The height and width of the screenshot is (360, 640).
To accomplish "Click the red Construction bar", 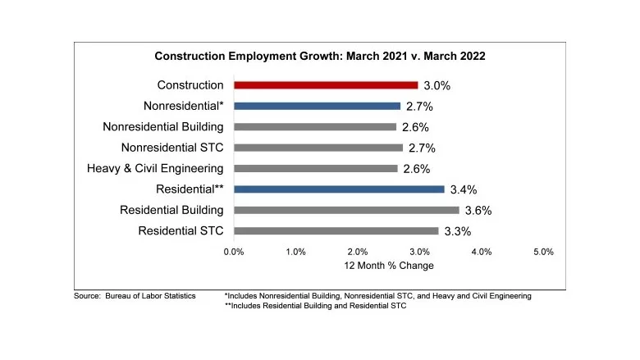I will coord(326,84).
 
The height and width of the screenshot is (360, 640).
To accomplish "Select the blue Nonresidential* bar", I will coord(317,106).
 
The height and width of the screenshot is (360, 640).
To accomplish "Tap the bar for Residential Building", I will coord(345,210).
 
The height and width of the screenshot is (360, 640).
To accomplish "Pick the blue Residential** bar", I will coord(339,189).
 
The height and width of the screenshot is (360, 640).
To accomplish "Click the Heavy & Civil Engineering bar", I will coord(315,168).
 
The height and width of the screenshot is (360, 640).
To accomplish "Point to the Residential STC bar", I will coord(336,230).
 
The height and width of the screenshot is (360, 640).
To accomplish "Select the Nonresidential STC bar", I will coord(318,148).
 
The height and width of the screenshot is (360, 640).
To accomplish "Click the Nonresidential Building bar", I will coord(314,126).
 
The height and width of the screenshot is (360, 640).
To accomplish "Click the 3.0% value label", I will coord(437,85).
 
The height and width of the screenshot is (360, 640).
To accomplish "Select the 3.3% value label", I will coord(457,231).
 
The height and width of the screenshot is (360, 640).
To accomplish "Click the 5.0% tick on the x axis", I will coord(543,252).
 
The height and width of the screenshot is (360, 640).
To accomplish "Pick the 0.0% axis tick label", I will coord(234,252).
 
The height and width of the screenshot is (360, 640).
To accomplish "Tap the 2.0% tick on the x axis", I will coord(358,252).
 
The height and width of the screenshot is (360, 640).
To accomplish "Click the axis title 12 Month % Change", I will coord(389,266).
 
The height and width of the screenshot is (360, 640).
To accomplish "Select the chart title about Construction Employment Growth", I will coord(320,57).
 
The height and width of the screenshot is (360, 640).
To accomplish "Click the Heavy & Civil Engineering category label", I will coord(155,168).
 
